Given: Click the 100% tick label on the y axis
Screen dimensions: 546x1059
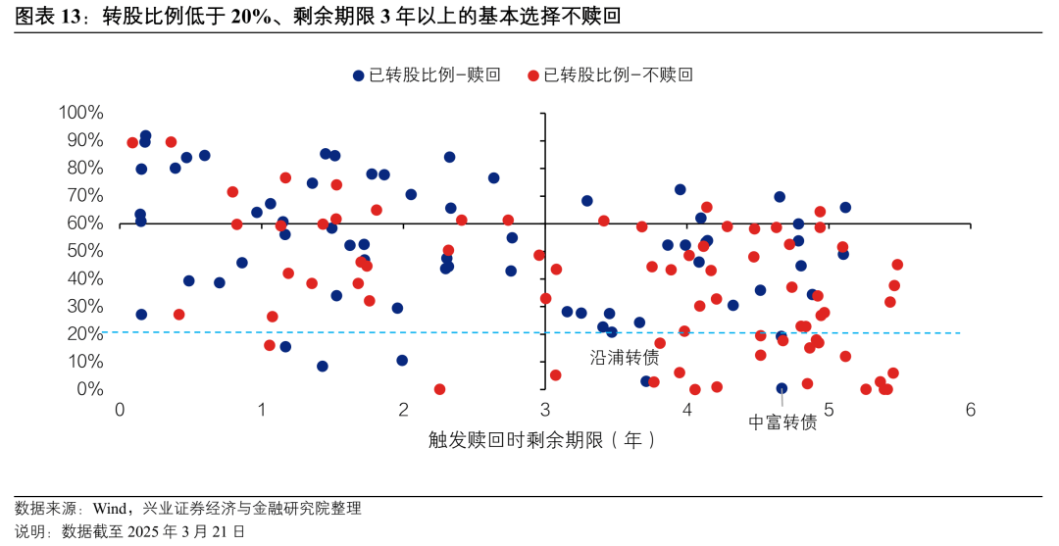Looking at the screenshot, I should pos(81,113).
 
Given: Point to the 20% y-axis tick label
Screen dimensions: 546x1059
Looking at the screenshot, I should pos(85,334).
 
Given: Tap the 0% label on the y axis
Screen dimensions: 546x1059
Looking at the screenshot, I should pos(90,389).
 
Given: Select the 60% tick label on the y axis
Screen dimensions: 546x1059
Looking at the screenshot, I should pos(85,223).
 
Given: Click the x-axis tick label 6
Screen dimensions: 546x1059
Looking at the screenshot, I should pos(970,411).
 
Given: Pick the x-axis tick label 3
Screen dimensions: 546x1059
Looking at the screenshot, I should pos(544,411).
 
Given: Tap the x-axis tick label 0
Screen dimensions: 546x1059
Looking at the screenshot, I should pos(119,411).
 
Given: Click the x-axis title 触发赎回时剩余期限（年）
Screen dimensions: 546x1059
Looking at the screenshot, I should pos(542,440).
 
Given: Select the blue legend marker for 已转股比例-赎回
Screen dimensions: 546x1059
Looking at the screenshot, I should pos(358,75).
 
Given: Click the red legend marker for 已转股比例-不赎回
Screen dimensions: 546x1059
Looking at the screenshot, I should pos(533,75).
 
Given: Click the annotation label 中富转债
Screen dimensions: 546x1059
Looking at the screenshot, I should pos(782,422).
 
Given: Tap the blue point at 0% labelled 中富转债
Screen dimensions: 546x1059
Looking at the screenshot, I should pos(782,388).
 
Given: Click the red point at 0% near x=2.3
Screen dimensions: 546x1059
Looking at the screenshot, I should pos(439,389).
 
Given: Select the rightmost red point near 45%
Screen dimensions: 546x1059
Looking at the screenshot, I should pos(897,265).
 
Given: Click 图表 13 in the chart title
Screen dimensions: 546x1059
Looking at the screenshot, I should pos(46,17).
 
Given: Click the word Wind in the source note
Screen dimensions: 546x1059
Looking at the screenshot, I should pos(109,508).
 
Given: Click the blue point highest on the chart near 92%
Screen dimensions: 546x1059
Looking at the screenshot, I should pos(145,136).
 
